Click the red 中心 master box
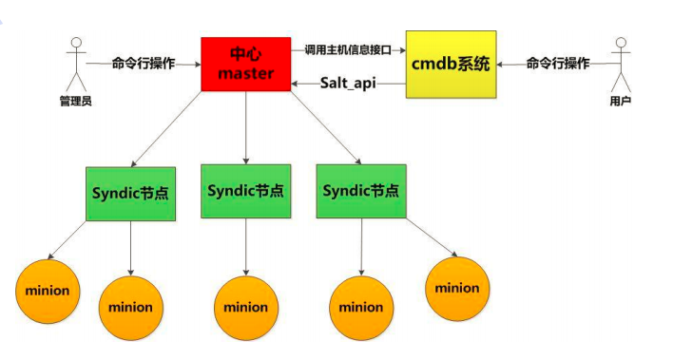tap(245, 64)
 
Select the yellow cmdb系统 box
tap(450, 64)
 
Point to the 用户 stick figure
tap(622, 62)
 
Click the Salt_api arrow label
tap(348, 84)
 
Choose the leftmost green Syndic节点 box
tap(130, 192)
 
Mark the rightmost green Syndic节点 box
tap(360, 191)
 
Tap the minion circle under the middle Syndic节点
tap(245, 307)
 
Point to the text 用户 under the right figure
tap(622, 100)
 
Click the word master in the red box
tap(245, 73)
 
